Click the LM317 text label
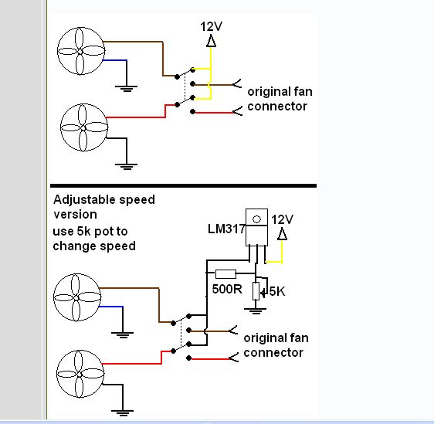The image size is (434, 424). (226, 229)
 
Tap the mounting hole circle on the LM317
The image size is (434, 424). (256, 219)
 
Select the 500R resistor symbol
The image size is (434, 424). (225, 273)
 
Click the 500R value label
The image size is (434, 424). (227, 289)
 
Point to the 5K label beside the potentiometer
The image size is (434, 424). (277, 291)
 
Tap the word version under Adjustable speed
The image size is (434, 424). (75, 215)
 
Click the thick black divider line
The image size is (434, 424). (183, 185)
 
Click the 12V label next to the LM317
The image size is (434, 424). (282, 219)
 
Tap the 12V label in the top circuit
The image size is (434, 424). (211, 26)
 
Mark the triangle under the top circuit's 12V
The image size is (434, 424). (211, 41)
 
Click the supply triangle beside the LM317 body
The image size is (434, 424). (282, 234)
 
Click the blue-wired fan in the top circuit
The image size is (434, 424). (81, 51)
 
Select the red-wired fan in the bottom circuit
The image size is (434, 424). (80, 374)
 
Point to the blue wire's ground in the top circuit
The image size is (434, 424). (126, 89)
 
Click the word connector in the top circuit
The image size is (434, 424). (277, 107)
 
